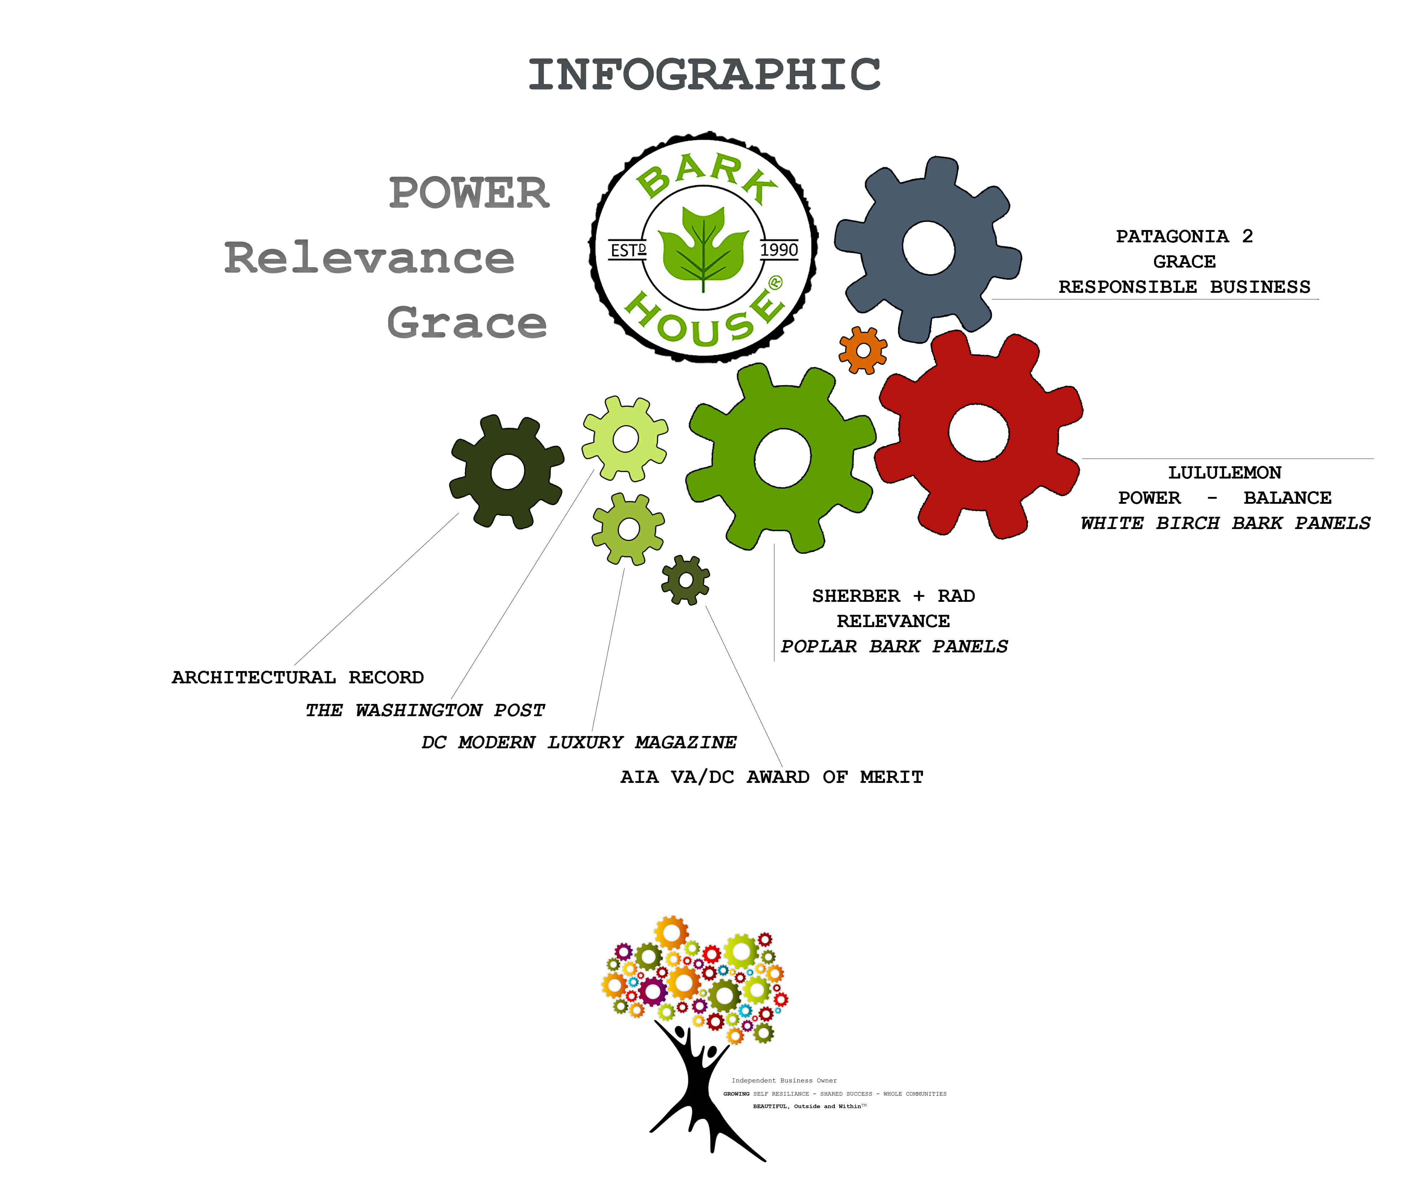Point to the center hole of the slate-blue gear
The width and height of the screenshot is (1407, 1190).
[929, 248]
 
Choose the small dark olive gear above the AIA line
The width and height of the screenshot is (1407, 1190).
[685, 580]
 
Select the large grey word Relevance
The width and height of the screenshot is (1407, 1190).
[369, 258]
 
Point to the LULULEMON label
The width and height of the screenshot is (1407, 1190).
[1224, 472]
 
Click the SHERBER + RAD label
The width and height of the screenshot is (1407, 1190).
[893, 596]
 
